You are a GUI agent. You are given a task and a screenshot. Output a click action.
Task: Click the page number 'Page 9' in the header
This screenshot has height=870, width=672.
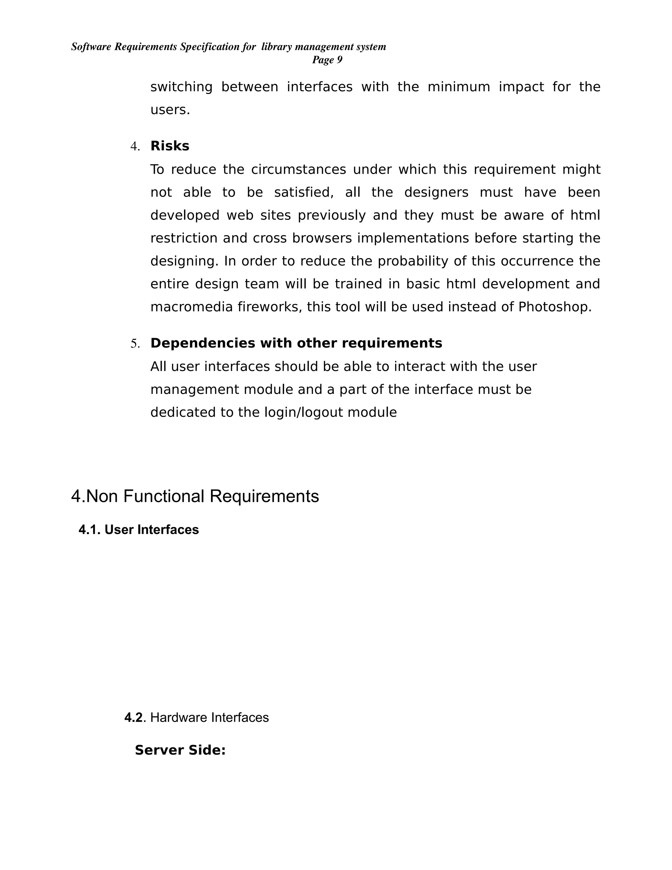coord(327,60)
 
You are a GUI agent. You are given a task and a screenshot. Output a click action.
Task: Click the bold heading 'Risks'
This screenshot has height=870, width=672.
coord(170,146)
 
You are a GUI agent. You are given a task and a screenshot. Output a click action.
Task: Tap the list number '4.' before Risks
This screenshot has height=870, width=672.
coord(135,147)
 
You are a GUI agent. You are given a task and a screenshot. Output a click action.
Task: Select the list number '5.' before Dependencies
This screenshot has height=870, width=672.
coord(135,344)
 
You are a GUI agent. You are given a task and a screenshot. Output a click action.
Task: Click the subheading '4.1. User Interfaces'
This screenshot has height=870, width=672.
coord(138,530)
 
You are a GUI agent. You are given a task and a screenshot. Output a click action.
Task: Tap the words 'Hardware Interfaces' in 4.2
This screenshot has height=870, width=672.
coord(209,717)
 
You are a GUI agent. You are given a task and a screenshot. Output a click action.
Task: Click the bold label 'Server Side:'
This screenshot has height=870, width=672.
coord(180,750)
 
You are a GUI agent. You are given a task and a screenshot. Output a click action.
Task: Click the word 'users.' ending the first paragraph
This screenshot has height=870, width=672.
coord(170,110)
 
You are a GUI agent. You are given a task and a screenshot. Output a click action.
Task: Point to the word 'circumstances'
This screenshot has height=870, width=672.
coord(298,170)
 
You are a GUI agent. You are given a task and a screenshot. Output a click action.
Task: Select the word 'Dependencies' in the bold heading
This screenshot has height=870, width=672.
coord(203,343)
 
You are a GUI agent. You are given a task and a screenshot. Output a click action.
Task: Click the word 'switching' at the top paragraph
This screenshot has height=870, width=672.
coord(181,87)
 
